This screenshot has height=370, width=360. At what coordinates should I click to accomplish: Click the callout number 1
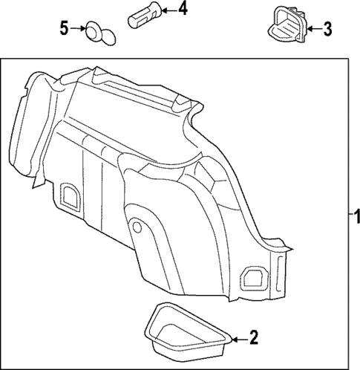pyautogui.click(x=355, y=218)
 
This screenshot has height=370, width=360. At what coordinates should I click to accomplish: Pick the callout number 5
pyautogui.click(x=65, y=29)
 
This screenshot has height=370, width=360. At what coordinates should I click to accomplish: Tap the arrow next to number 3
pyautogui.click(x=311, y=28)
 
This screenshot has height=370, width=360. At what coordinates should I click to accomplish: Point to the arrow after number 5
pyautogui.click(x=79, y=29)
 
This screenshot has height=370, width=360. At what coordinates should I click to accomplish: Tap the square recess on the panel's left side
pyautogui.click(x=72, y=195)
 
